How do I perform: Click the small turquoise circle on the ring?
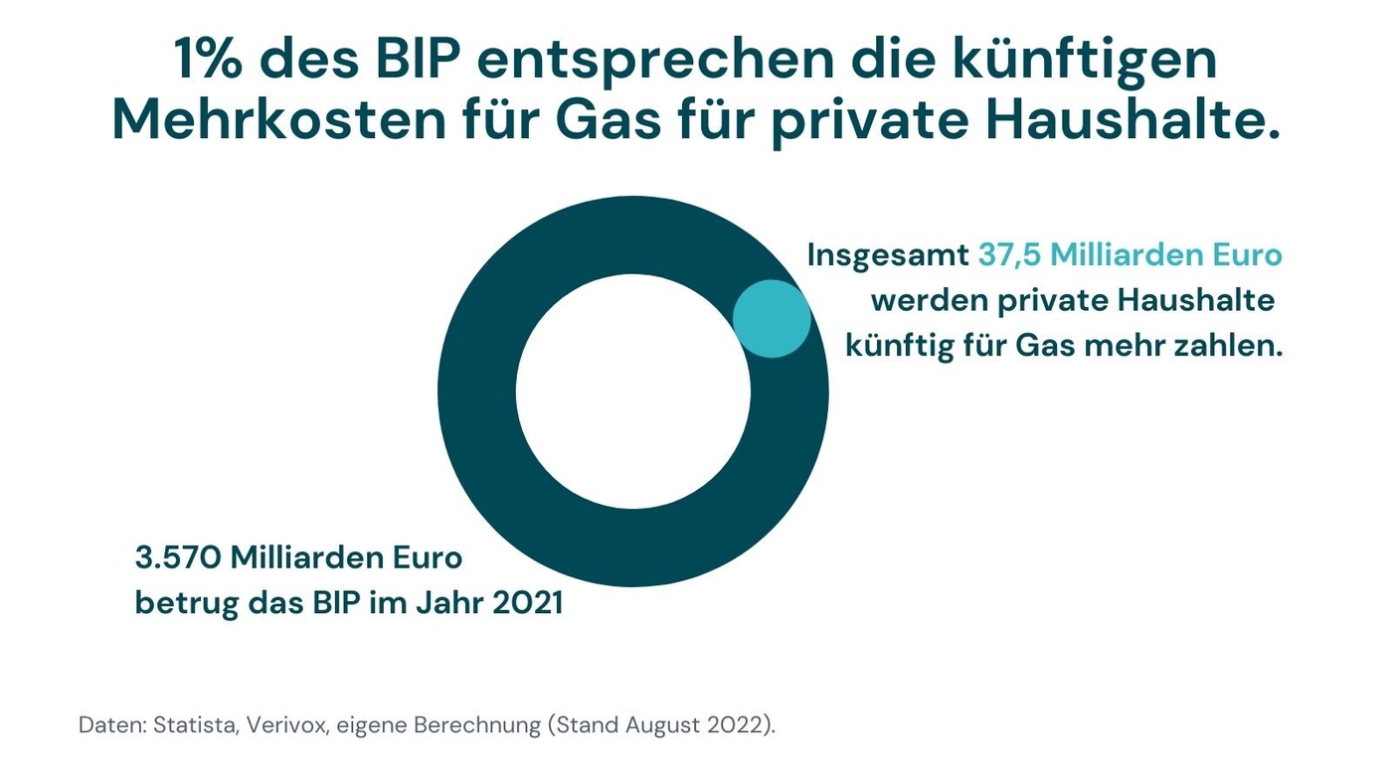(772, 319)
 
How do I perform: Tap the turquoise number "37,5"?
(1009, 255)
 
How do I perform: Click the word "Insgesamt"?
(887, 255)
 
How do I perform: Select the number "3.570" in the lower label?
(177, 557)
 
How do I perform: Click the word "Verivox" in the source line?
(291, 724)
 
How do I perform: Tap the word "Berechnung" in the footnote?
(473, 725)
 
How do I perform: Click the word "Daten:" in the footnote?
(112, 724)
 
